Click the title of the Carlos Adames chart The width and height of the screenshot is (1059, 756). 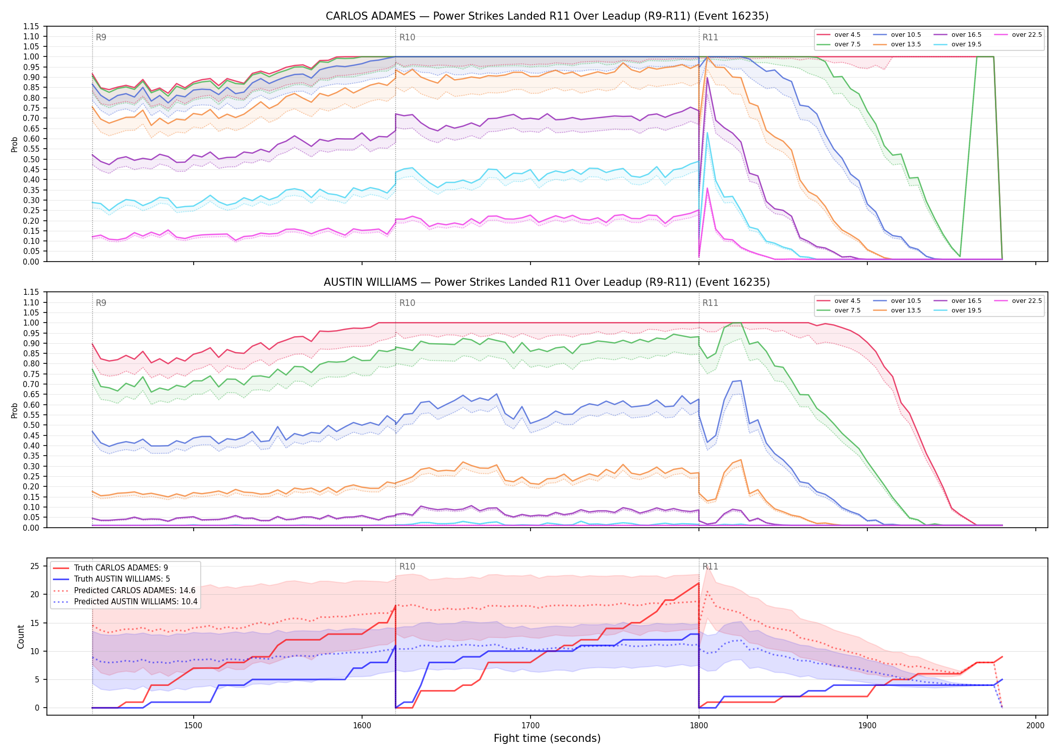(547, 16)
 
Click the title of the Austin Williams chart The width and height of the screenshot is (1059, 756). (547, 282)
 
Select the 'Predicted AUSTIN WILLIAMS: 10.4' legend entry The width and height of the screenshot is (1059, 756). (125, 602)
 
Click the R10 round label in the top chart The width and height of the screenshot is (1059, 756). (407, 37)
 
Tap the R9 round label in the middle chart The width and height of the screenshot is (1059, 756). (101, 303)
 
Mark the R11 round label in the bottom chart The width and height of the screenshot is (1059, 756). (710, 566)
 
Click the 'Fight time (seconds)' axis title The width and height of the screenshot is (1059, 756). (547, 738)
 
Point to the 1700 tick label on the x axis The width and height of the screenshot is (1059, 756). (530, 725)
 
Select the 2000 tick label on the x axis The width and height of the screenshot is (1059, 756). (1035, 725)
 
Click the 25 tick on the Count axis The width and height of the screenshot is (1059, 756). (34, 566)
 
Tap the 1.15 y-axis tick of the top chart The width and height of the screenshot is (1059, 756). (31, 26)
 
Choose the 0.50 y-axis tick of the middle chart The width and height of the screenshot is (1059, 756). (31, 425)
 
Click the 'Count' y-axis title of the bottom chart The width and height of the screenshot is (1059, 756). (21, 637)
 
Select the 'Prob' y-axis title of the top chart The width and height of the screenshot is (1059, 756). (14, 144)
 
